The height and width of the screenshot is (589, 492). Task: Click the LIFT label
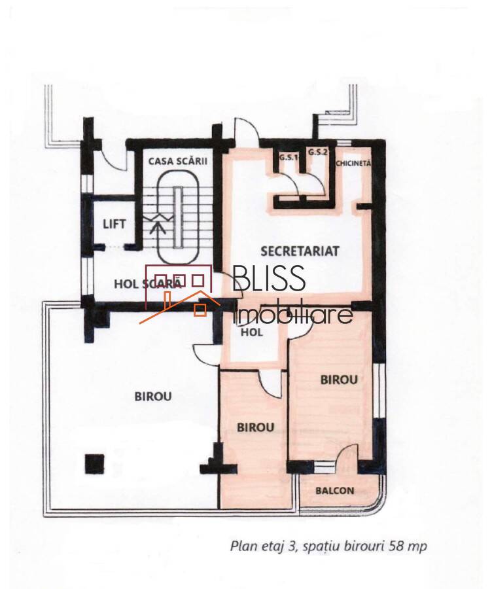tap(114, 224)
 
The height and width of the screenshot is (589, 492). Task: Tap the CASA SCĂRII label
tap(178, 161)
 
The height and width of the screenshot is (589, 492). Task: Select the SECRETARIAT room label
tap(300, 251)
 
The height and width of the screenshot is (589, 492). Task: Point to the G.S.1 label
tap(288, 157)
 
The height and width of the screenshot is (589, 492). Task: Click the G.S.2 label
tap(318, 152)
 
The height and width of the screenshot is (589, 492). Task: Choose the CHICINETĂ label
tap(353, 164)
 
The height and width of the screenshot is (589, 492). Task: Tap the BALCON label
tap(334, 491)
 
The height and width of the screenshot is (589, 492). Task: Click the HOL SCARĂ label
tap(148, 283)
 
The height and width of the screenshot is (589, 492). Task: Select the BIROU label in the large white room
tap(153, 397)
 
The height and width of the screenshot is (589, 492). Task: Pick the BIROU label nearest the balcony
tap(339, 380)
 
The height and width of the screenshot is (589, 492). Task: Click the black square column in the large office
tap(94, 464)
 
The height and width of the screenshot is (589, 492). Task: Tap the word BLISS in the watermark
tap(269, 278)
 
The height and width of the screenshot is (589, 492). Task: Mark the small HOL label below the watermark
tap(252, 332)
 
